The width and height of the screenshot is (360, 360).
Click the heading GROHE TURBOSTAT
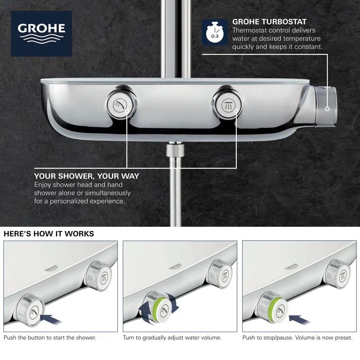[269, 21]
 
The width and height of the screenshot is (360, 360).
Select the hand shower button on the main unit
[118, 105]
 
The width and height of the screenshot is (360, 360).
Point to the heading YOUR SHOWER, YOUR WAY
[87, 176]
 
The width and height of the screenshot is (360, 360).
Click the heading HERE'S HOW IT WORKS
[49, 234]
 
